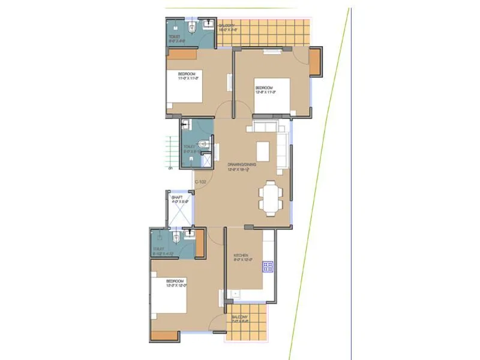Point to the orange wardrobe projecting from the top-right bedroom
click(x=316, y=61)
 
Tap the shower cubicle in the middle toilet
click(x=206, y=160)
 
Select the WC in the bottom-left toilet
click(x=177, y=238)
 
